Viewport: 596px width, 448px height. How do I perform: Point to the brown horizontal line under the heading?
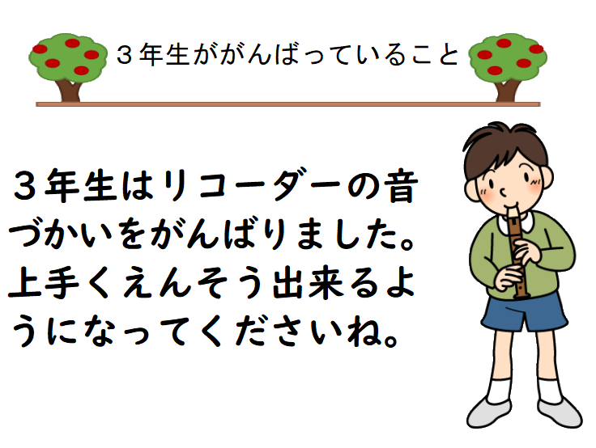click(288, 104)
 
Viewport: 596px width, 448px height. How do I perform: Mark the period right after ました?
click(405, 243)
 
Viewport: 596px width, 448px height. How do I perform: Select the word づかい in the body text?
click(61, 235)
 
